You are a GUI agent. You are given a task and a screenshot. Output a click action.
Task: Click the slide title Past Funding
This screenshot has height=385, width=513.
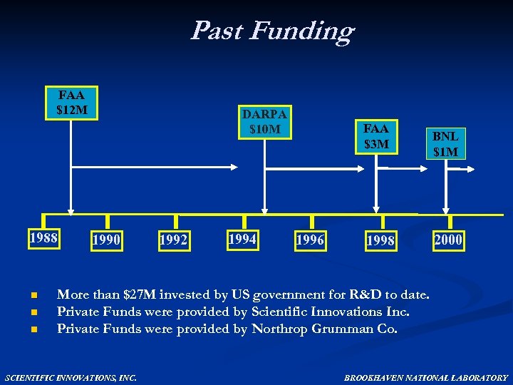(x=271, y=31)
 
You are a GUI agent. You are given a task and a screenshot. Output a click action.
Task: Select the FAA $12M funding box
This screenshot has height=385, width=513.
(x=71, y=103)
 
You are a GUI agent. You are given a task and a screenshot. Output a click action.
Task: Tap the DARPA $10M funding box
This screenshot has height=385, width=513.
(x=264, y=122)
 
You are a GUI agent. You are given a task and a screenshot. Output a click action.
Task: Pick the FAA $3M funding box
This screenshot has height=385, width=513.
(x=375, y=137)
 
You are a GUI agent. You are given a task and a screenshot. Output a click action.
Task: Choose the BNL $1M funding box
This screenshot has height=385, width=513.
(x=445, y=143)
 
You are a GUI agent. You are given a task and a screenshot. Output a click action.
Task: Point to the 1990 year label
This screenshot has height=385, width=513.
(x=106, y=240)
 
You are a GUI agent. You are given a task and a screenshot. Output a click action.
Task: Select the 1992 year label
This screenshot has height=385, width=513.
(x=174, y=240)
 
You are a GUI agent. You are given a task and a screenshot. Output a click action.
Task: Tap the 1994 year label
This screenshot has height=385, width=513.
(x=242, y=239)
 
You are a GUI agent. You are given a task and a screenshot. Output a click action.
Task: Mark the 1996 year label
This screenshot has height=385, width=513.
(x=310, y=240)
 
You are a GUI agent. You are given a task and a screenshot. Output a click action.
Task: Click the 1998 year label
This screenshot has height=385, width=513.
(x=380, y=241)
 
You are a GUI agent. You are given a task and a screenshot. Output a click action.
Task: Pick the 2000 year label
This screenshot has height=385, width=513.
(x=448, y=240)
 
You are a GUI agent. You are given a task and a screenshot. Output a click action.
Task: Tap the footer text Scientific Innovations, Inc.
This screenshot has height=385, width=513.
(x=71, y=377)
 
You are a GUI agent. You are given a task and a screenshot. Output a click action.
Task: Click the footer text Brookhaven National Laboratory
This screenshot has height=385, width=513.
(x=425, y=377)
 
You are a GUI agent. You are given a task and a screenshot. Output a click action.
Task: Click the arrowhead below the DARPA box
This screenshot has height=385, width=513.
(x=265, y=210)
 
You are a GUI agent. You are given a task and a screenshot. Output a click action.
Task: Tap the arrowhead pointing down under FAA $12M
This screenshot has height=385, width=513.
(x=70, y=210)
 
